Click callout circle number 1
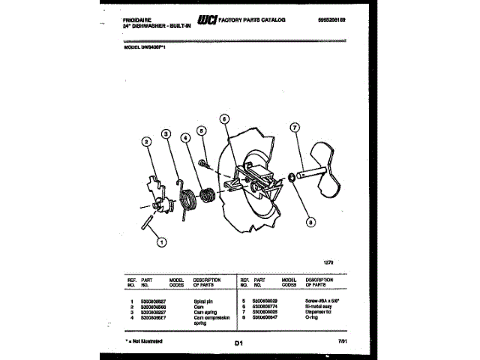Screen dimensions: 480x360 [160, 241]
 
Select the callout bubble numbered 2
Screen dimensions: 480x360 [146, 141]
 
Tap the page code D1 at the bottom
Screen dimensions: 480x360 [239, 343]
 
